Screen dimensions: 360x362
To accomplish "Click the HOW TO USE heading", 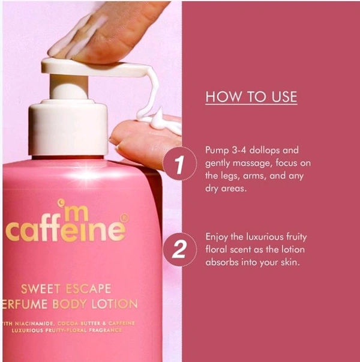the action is (251, 97).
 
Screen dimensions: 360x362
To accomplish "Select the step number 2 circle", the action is (180, 250).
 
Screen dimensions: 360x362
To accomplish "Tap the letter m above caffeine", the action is (76, 215).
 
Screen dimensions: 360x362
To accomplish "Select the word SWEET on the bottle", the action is (41, 289).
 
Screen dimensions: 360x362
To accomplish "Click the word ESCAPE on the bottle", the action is (89, 289).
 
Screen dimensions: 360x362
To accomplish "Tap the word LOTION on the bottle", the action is (115, 304).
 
